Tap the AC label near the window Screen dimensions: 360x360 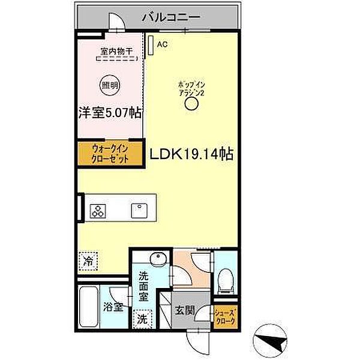[x=161, y=44]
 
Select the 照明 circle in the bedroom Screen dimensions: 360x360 [x=109, y=85]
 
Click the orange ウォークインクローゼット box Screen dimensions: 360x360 [x=110, y=153]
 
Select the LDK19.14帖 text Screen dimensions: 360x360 [x=191, y=154]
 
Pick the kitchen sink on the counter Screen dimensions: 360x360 [x=139, y=211]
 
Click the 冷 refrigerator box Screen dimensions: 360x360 [x=88, y=261]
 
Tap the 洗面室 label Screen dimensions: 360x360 [x=145, y=286]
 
